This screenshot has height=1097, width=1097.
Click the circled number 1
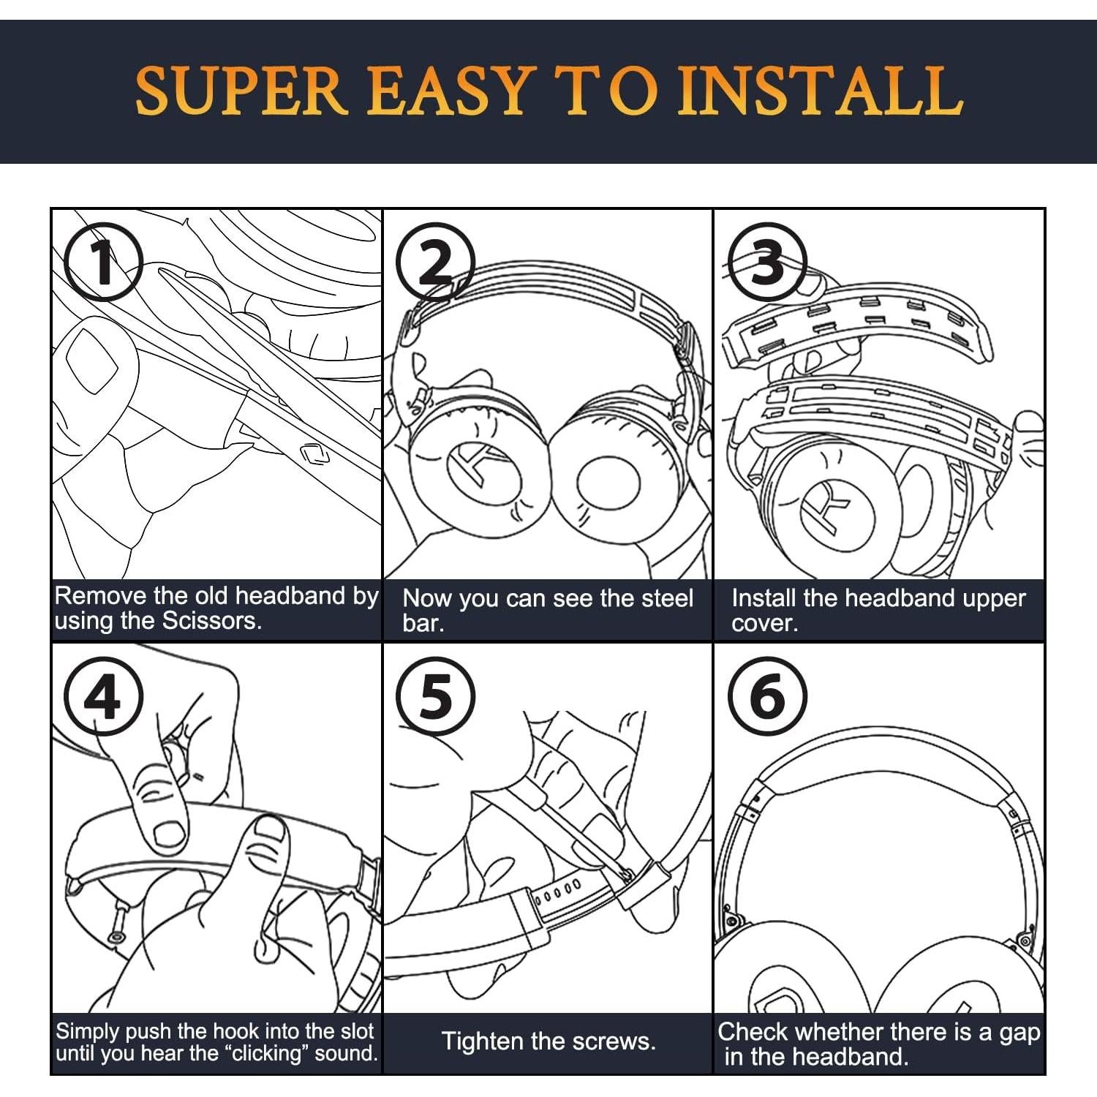(x=103, y=262)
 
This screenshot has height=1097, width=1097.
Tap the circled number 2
(x=436, y=262)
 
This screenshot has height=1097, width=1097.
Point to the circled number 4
(x=103, y=696)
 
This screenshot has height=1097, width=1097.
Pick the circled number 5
(x=436, y=696)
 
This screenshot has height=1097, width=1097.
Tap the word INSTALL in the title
(x=820, y=91)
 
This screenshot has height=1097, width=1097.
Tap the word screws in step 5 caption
(x=610, y=1041)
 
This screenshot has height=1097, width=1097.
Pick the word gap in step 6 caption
(x=1020, y=1033)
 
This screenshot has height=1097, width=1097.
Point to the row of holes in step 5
(x=557, y=886)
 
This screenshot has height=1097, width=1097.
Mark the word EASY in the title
(x=448, y=91)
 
